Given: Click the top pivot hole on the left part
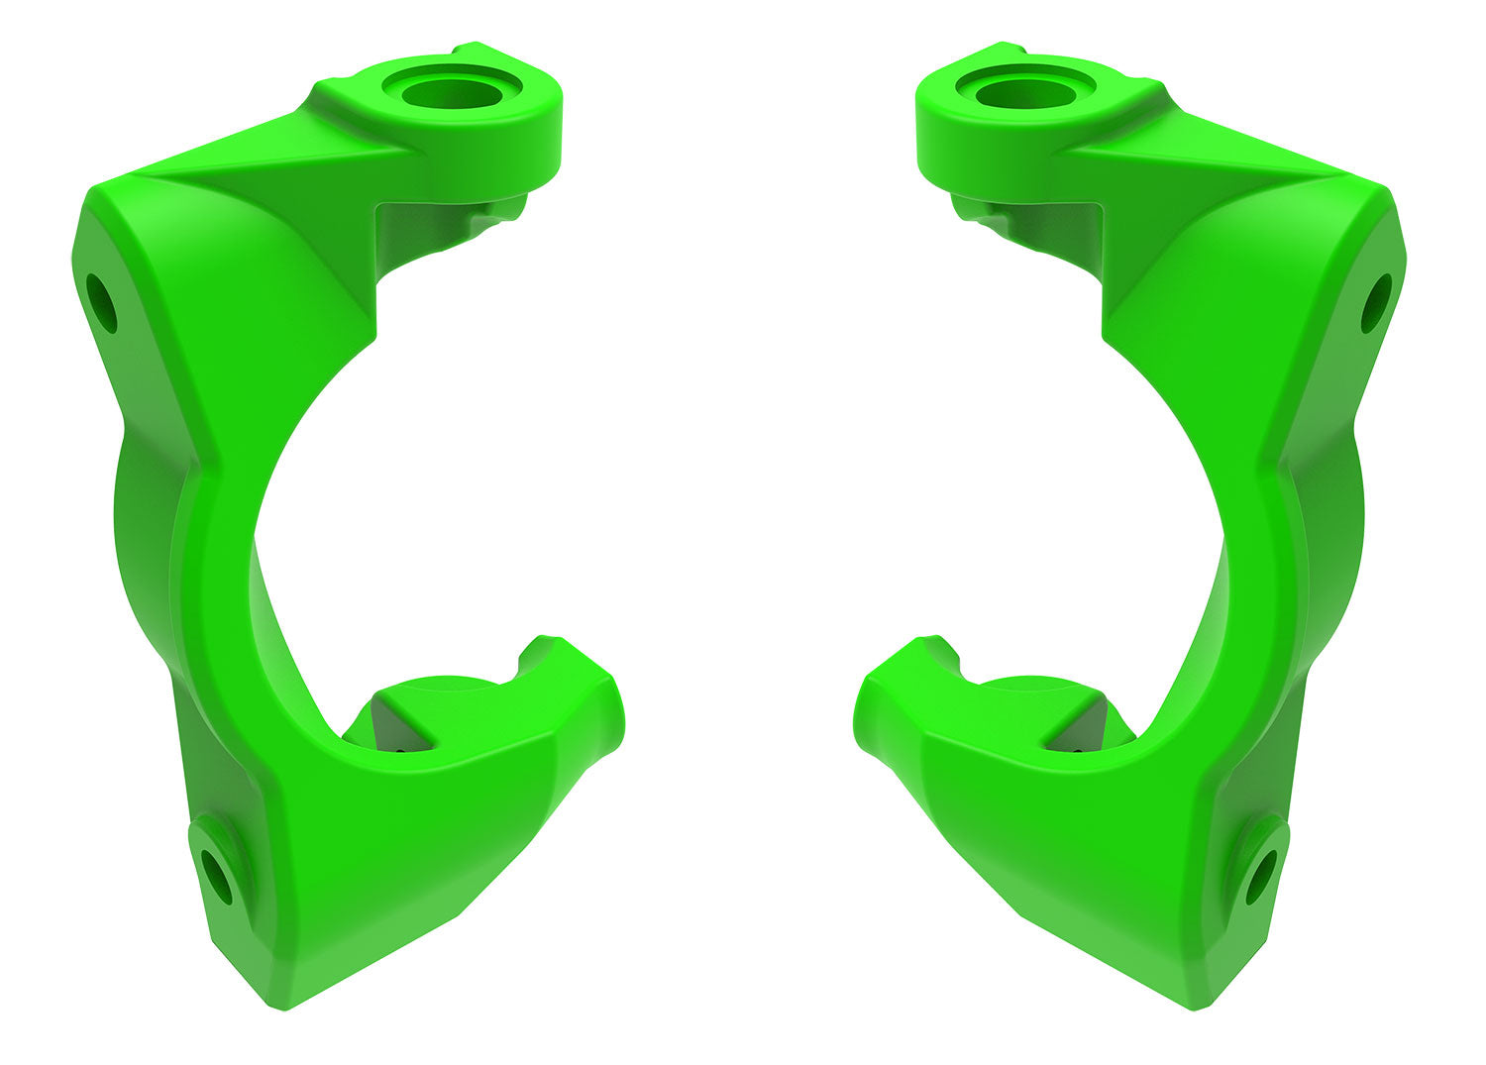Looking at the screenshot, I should (x=452, y=94).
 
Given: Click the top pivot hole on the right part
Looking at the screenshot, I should (x=1026, y=94).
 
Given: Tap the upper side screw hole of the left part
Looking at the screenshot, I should (x=101, y=303).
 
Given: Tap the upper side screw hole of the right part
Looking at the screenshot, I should (x=1375, y=303).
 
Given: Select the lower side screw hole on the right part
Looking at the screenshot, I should (x=1261, y=877).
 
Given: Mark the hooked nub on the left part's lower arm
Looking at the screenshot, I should (x=540, y=650).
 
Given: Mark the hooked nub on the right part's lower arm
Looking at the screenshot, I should (x=938, y=650).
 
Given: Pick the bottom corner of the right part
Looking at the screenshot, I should (x=1197, y=1003).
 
